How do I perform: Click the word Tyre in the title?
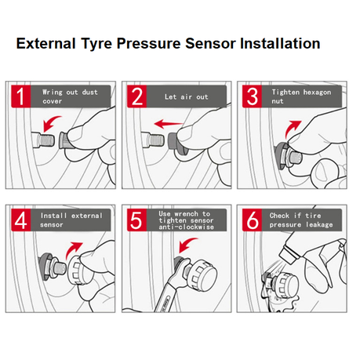(96, 44)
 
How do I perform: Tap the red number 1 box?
(21, 96)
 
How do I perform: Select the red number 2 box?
(137, 96)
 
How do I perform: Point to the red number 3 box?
(252, 96)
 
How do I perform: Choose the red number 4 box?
(21, 220)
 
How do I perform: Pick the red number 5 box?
(137, 220)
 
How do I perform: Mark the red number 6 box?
(252, 220)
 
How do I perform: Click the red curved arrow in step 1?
(50, 122)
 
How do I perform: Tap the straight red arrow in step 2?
(169, 124)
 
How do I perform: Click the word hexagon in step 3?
(317, 93)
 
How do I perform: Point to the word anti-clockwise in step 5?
(187, 227)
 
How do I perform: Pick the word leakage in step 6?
(319, 224)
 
